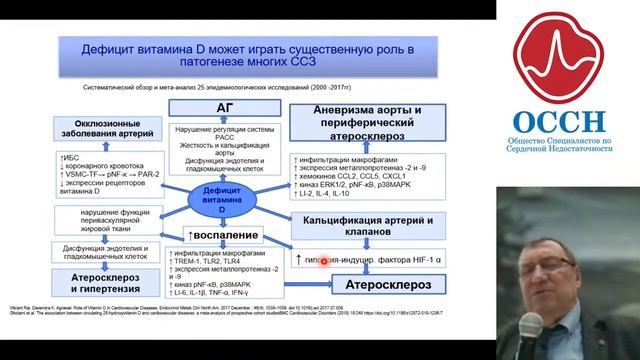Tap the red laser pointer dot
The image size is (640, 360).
click(323, 262)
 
